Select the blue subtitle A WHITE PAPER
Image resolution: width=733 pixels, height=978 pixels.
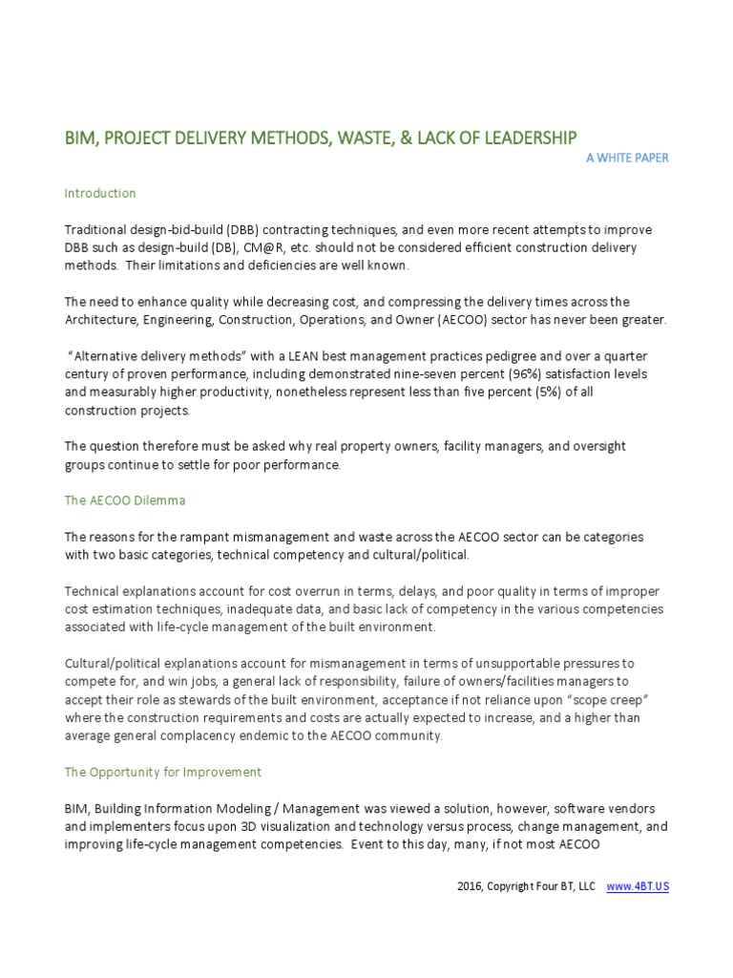point(627,158)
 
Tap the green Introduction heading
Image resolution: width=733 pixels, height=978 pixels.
point(100,193)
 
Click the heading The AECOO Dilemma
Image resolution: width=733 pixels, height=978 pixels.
point(124,500)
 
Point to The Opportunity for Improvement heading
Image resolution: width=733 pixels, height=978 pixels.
point(162,772)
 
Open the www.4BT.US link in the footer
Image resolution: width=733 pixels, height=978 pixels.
point(638,887)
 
